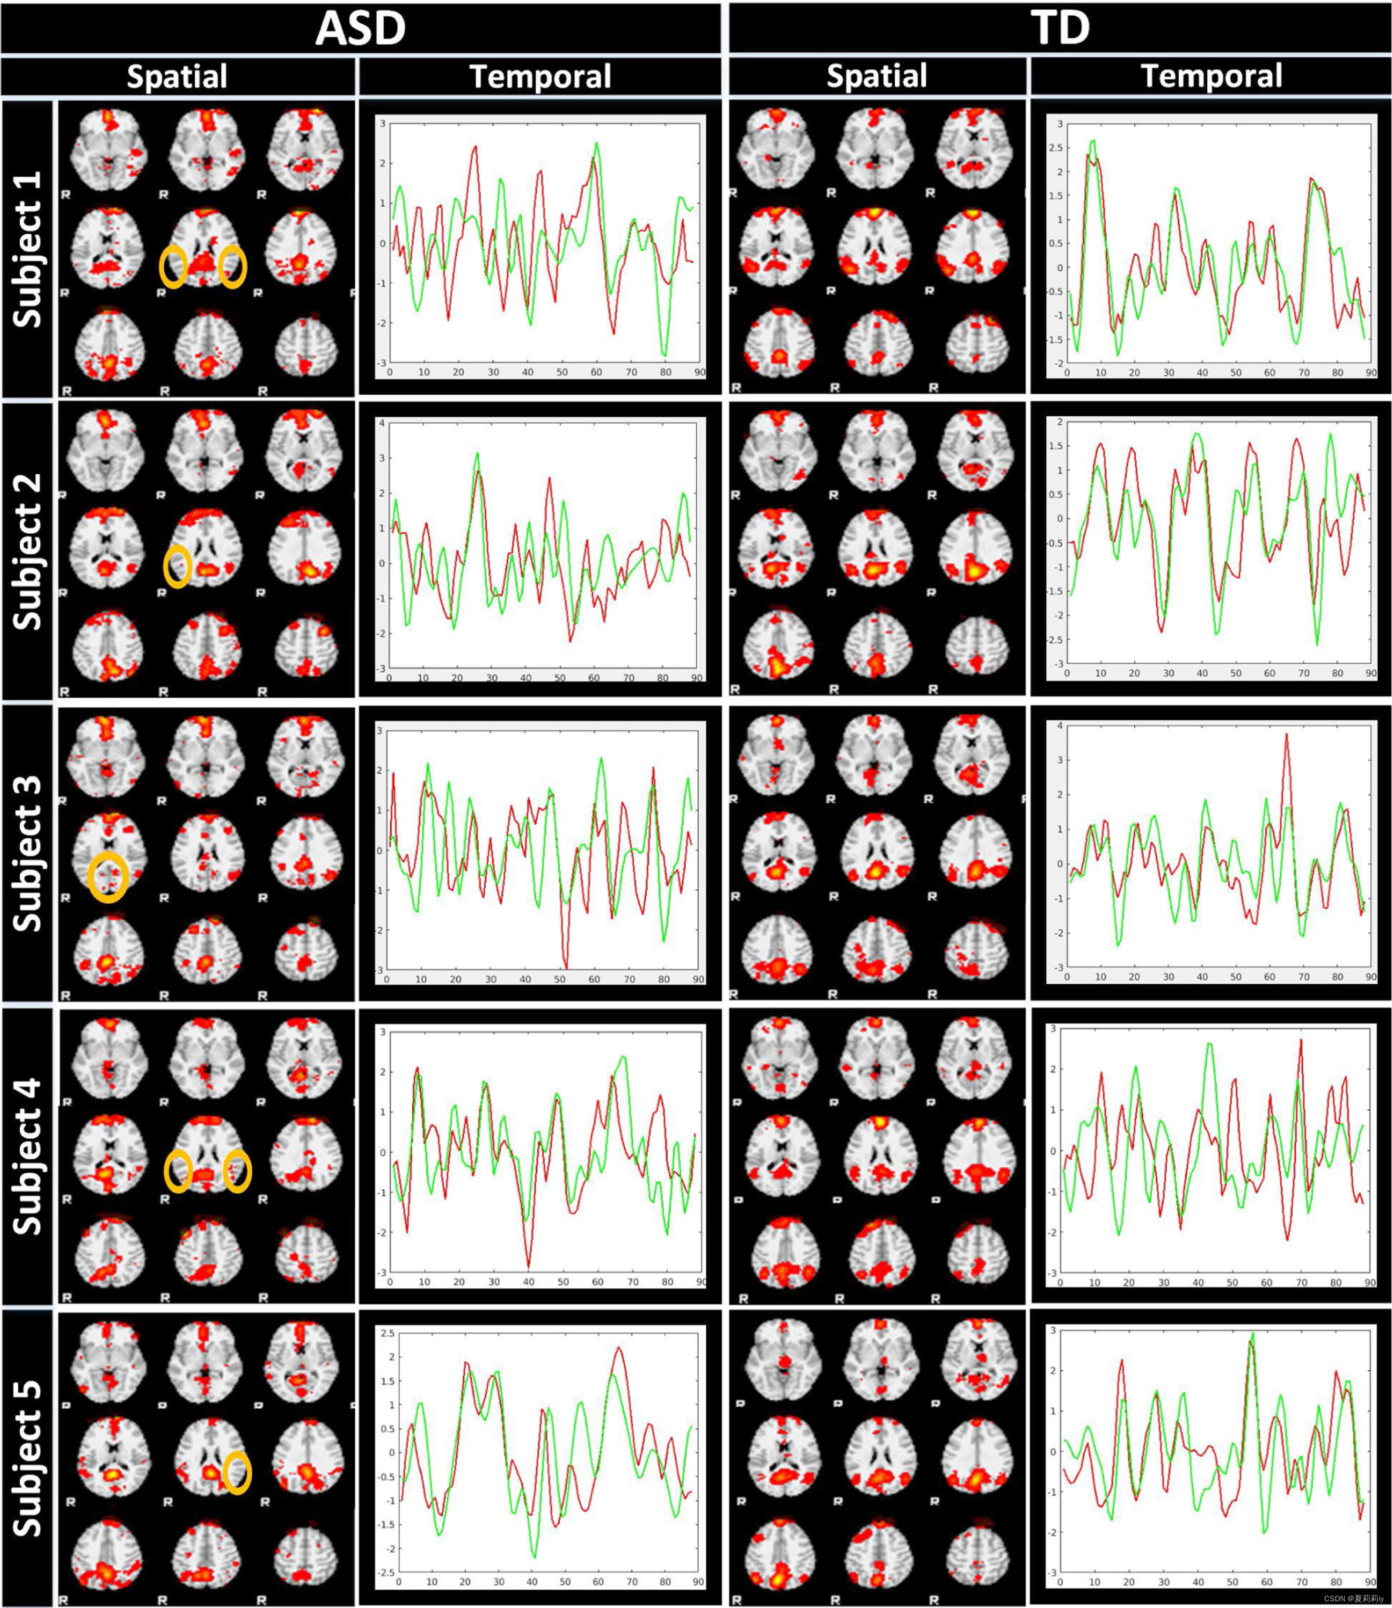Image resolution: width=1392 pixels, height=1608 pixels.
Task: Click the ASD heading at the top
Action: (360, 28)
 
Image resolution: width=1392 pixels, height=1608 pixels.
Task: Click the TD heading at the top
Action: (1059, 28)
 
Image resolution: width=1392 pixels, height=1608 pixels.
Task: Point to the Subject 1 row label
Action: (28, 249)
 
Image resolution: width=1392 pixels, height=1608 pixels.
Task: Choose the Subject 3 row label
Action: (28, 853)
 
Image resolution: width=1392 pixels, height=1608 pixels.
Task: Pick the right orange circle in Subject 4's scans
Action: (237, 1171)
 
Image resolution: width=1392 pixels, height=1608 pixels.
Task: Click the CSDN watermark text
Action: (1354, 1598)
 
